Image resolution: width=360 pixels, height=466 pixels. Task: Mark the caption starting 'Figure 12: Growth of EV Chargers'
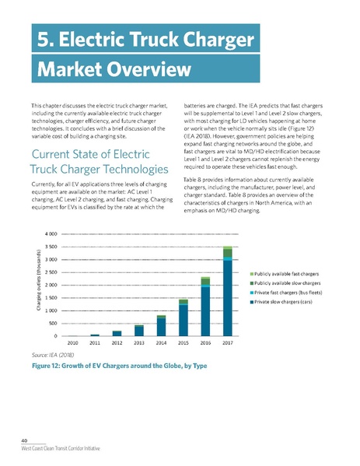point(117,365)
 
